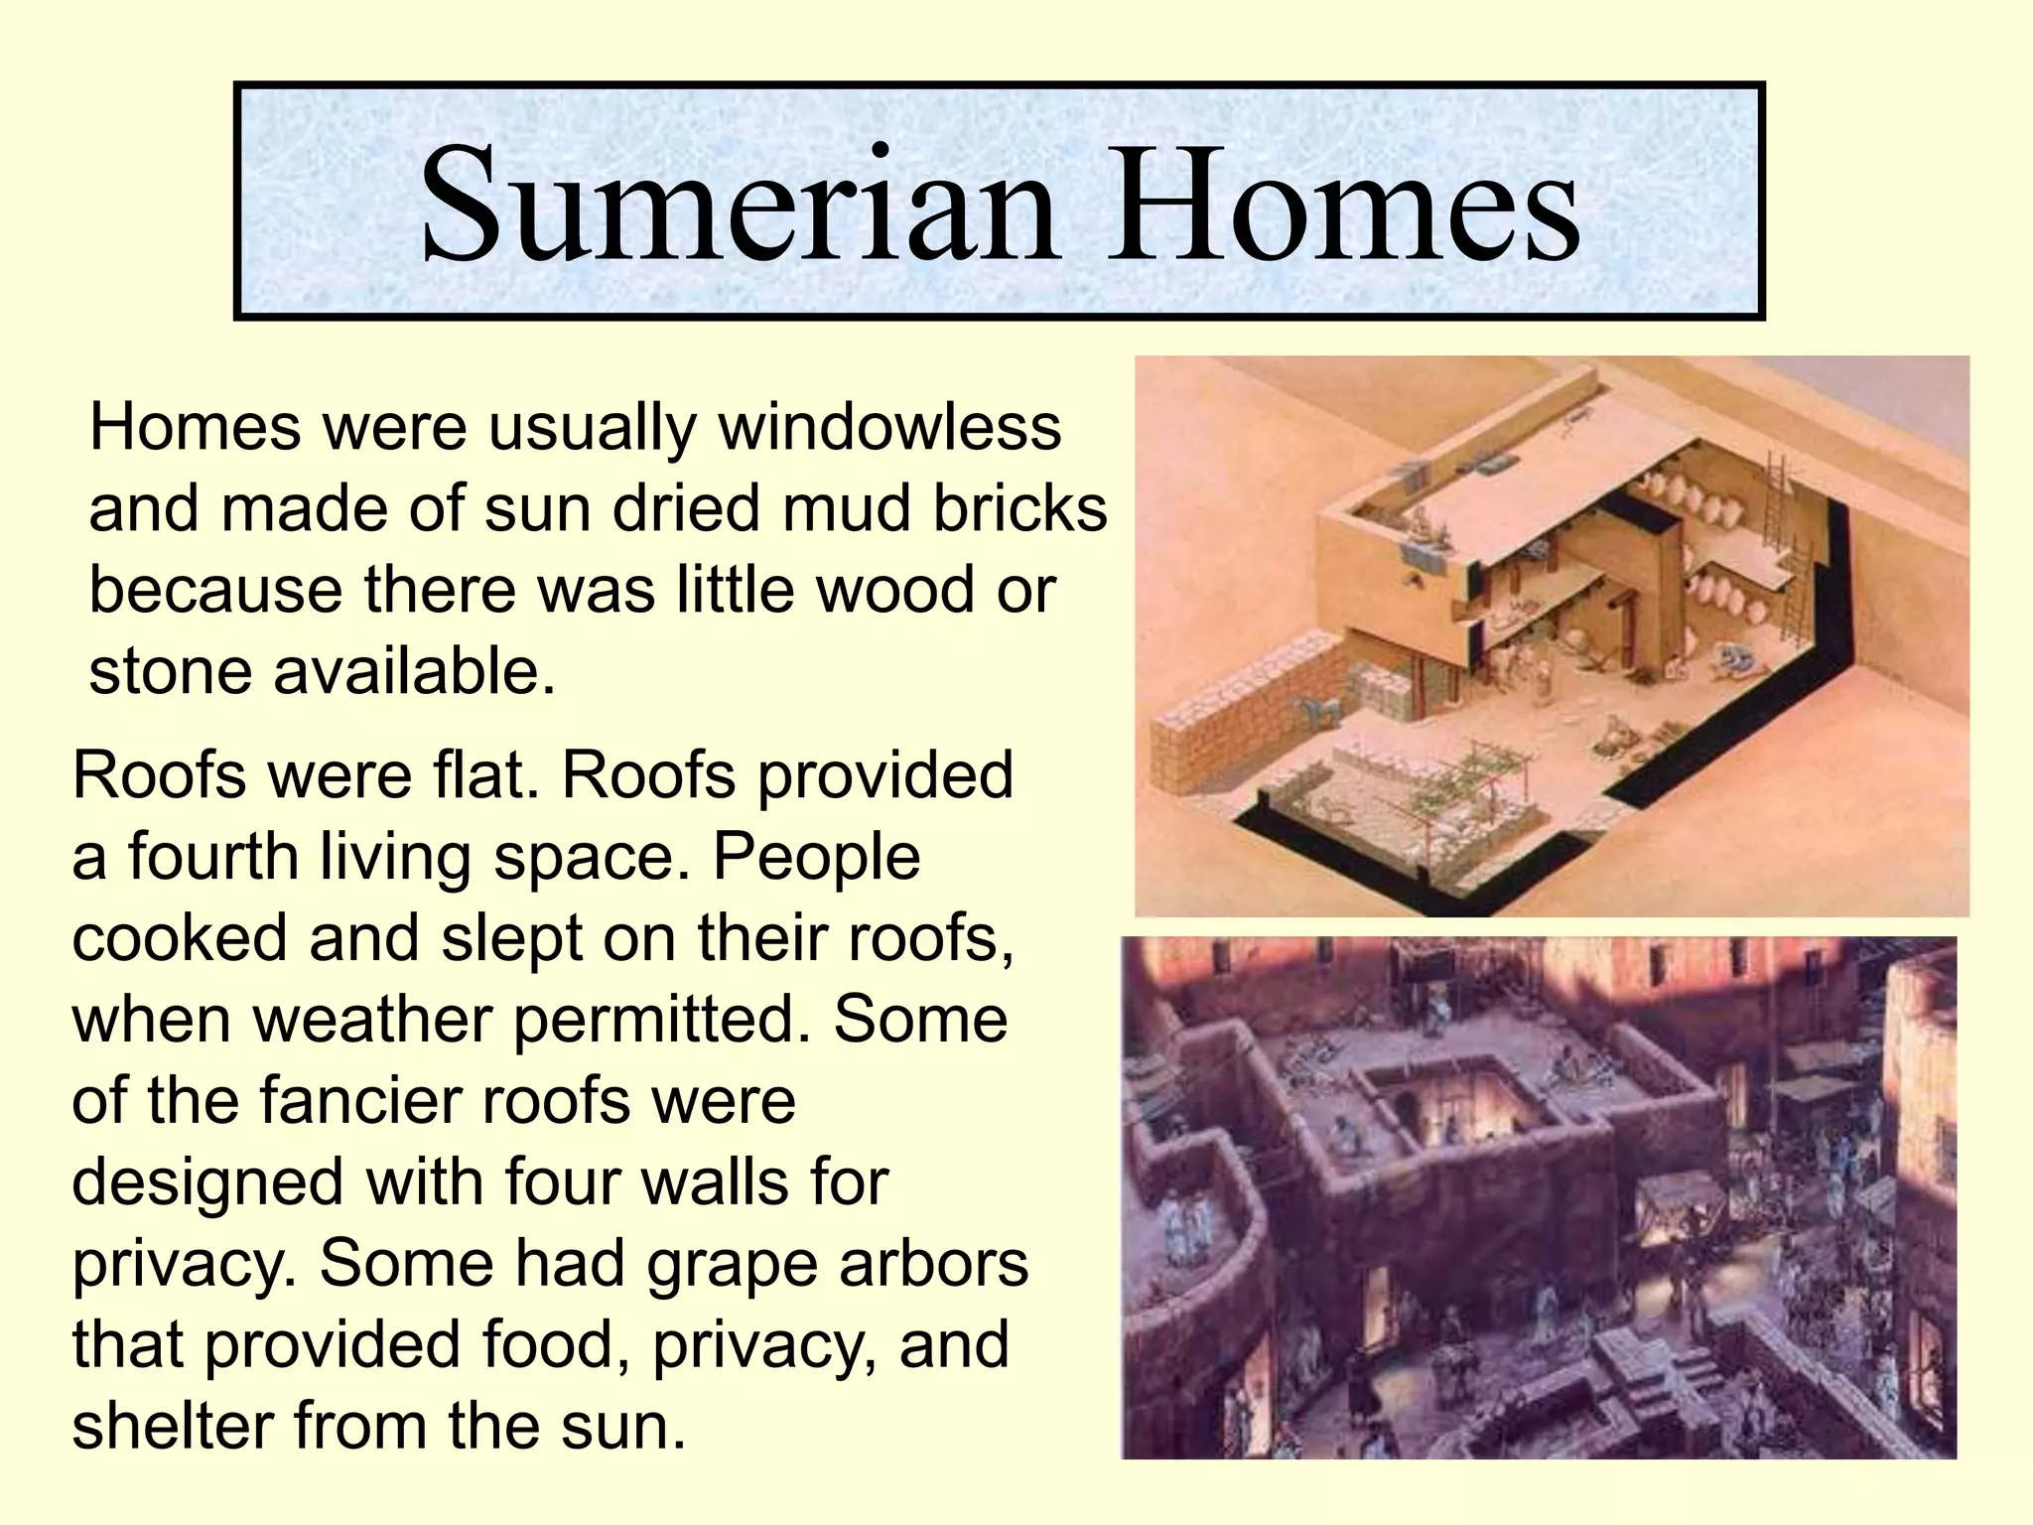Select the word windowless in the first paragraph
point(889,429)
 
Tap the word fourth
point(212,857)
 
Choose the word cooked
point(179,938)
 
